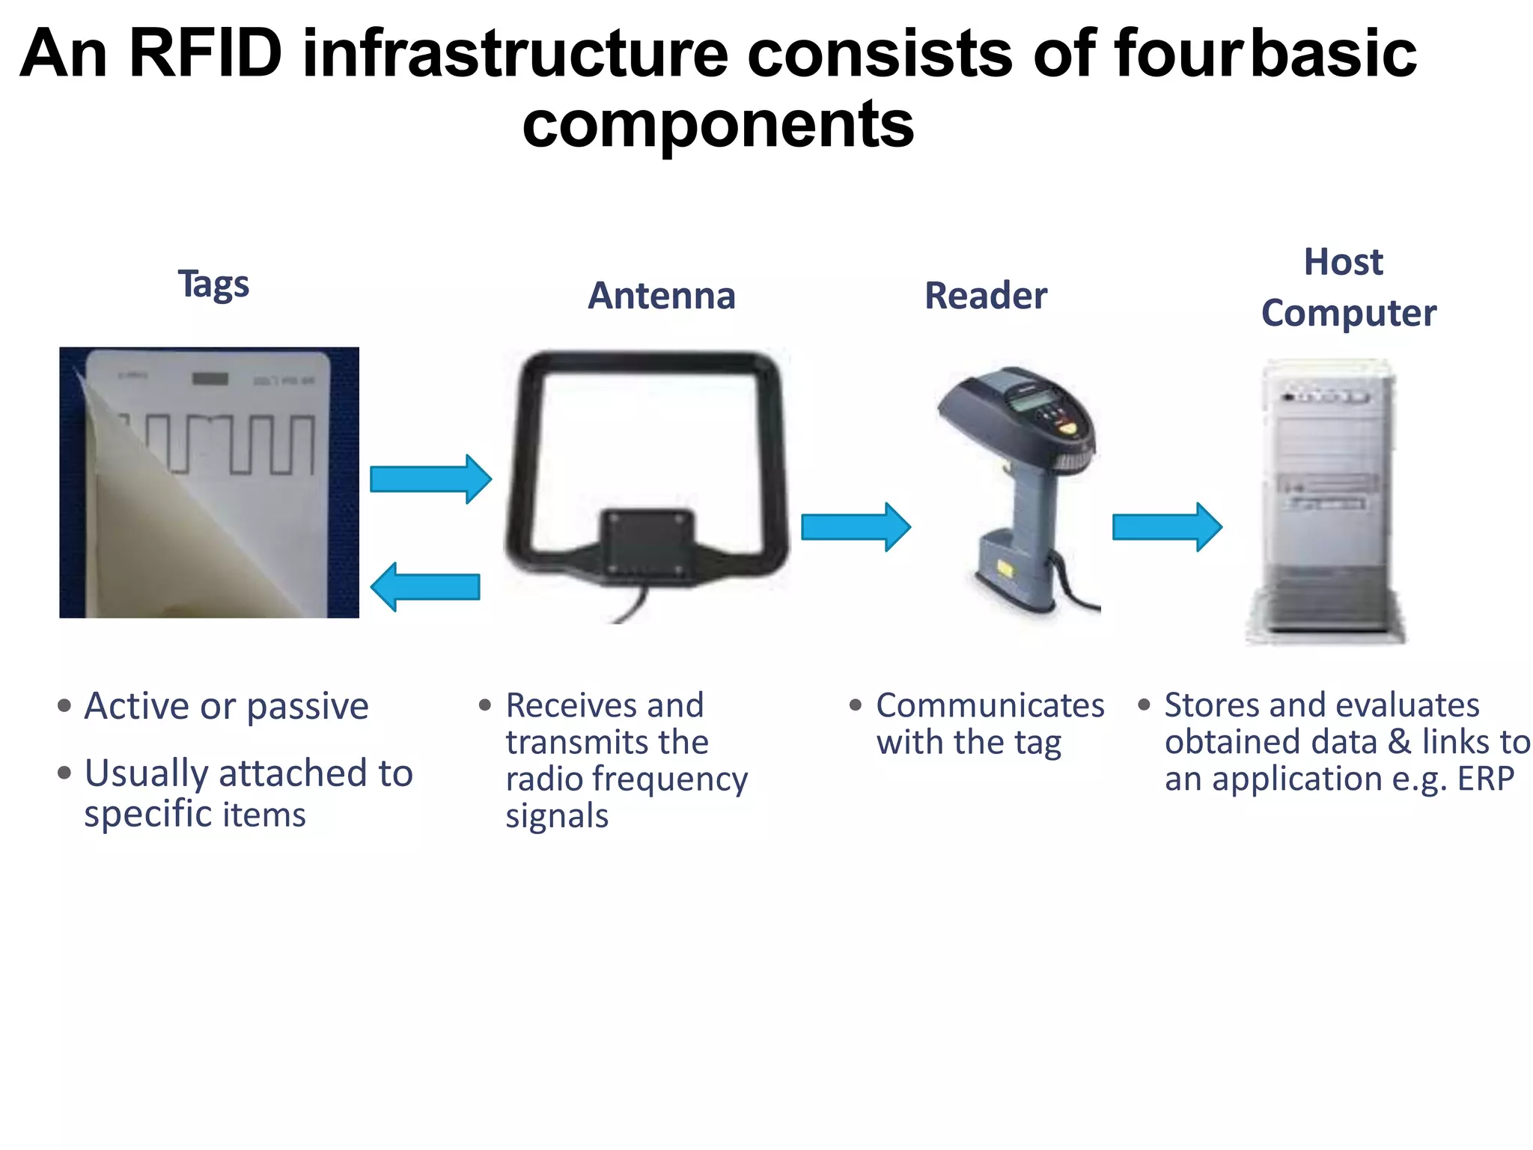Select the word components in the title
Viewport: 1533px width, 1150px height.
point(718,124)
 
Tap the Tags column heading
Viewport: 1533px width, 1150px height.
point(213,285)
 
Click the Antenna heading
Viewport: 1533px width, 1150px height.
point(662,296)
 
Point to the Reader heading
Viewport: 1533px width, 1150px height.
point(986,296)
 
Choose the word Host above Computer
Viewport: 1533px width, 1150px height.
point(1344,262)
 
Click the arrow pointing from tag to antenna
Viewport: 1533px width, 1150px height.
point(430,478)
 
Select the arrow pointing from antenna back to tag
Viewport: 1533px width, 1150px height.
point(425,586)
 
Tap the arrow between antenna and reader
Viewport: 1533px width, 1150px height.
point(856,527)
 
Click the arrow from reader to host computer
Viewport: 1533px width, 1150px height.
point(1167,527)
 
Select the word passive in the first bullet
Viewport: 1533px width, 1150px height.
point(308,707)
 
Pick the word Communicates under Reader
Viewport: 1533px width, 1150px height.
point(990,706)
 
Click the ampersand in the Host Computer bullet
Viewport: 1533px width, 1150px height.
point(1399,743)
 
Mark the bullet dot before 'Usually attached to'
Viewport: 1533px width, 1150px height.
point(65,773)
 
